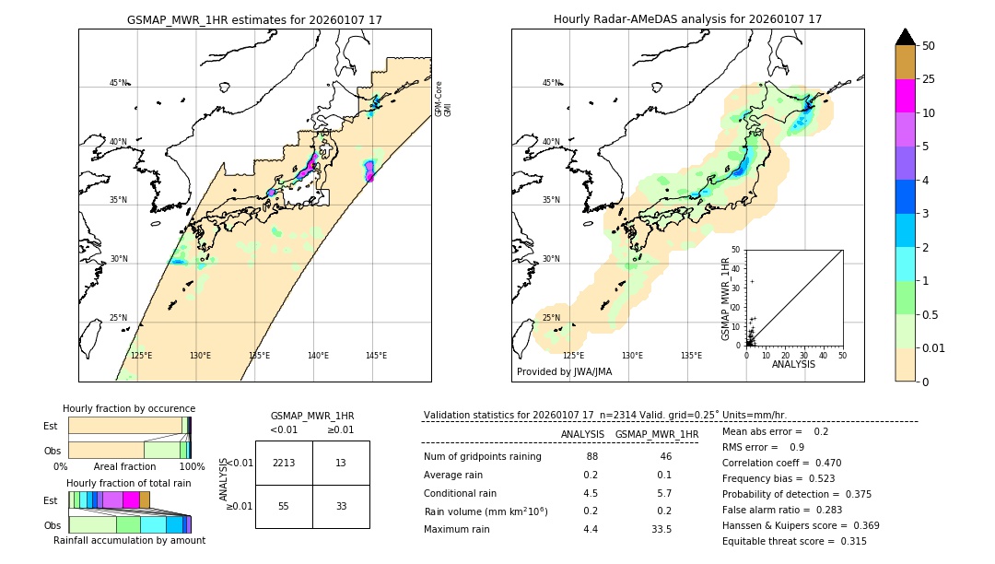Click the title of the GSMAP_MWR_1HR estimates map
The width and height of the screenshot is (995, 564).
[x=254, y=19]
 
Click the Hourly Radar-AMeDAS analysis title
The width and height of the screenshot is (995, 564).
[x=687, y=19]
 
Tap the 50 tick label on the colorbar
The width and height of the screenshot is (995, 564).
[x=929, y=46]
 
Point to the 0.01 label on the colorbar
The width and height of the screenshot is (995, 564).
[x=934, y=347]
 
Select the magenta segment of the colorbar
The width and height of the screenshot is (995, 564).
[x=905, y=96]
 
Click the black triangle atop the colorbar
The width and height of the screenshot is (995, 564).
[x=905, y=37]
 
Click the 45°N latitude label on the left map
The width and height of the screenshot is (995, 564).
[x=118, y=83]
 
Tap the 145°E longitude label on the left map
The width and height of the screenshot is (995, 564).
[x=376, y=356]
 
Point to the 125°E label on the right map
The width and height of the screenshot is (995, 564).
[x=573, y=356]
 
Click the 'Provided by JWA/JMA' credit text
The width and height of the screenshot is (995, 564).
[x=564, y=372]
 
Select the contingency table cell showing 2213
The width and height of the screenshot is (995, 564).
[x=284, y=463]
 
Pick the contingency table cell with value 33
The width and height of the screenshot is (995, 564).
[x=341, y=506]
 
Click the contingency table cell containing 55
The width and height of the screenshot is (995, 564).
[x=284, y=506]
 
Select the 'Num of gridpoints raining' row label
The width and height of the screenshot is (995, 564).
[x=483, y=457]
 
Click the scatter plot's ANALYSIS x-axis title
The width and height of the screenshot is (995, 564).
[x=793, y=364]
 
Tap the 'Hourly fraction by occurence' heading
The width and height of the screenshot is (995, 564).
[x=129, y=408]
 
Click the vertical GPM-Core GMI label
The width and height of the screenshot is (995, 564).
[x=443, y=99]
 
